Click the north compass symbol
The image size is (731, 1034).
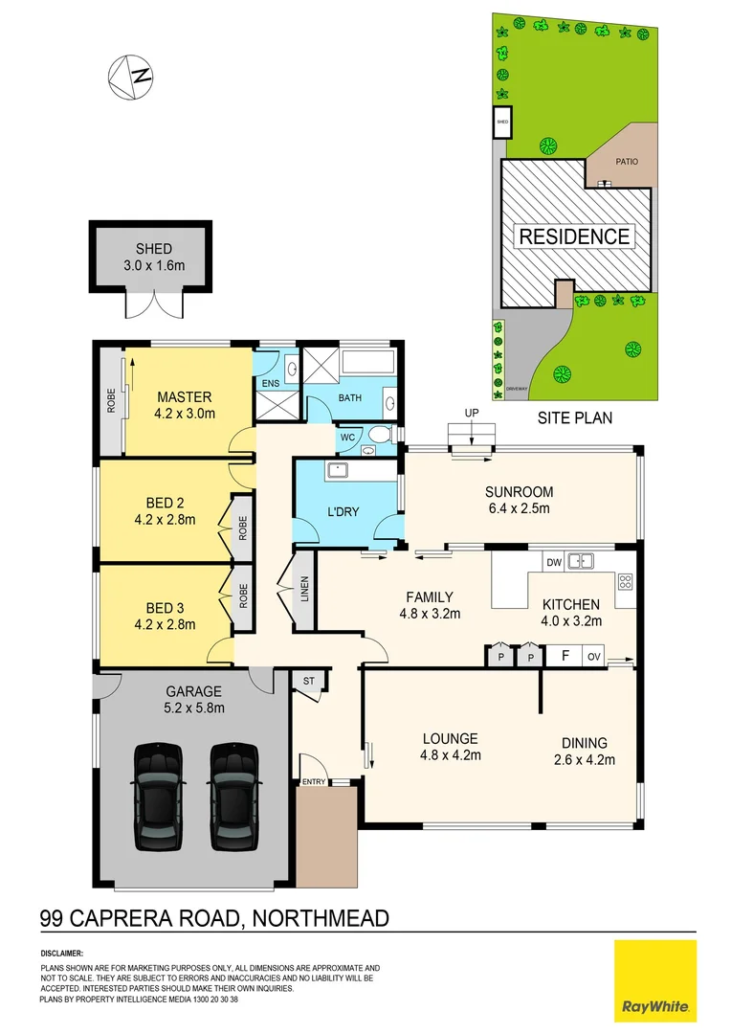(x=131, y=76)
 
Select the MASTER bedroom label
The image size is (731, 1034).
(x=185, y=405)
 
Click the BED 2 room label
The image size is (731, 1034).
(x=166, y=511)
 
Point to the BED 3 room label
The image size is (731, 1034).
(x=166, y=616)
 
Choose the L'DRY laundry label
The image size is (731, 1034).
(x=343, y=511)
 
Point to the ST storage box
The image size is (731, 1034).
(x=309, y=680)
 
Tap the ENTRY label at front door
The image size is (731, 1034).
(x=314, y=782)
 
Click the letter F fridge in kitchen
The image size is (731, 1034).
(x=565, y=657)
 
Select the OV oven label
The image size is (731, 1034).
(x=593, y=657)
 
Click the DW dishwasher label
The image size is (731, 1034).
(x=552, y=562)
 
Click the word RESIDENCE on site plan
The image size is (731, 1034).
(x=574, y=236)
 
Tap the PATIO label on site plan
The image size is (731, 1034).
(x=626, y=162)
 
